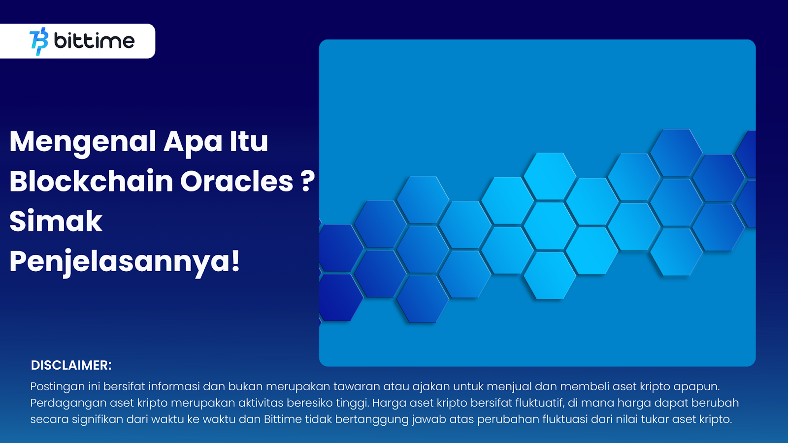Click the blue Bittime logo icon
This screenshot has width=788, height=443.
[x=39, y=41]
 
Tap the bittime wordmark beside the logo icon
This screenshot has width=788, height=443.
[x=94, y=41]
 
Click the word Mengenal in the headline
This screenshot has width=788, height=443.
[x=83, y=142]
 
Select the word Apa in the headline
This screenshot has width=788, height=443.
[x=193, y=142]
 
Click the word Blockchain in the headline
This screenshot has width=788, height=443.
[x=92, y=181]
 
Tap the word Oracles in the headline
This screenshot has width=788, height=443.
[x=237, y=182]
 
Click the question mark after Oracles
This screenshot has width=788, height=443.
[x=308, y=182]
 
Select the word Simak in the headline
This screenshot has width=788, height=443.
[x=56, y=221]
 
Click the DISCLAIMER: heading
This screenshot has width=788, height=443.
[x=71, y=365]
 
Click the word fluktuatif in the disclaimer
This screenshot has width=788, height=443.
[x=539, y=403]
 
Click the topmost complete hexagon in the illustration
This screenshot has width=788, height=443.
[x=676, y=153]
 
